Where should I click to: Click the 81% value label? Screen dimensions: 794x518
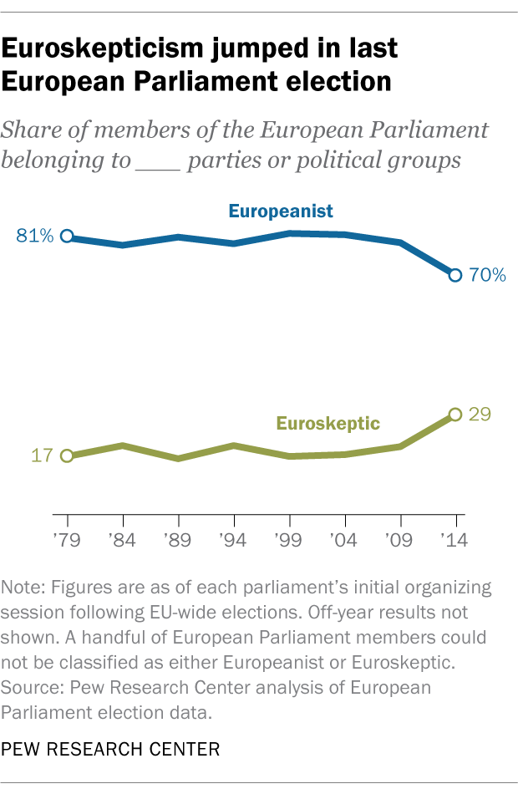34,237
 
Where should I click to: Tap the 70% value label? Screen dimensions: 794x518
486,275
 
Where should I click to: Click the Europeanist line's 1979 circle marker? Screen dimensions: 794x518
67,237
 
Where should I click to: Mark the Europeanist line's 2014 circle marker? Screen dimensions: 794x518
455,275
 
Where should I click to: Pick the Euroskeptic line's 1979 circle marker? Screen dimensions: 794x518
67,456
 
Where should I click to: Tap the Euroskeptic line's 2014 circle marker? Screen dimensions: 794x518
455,414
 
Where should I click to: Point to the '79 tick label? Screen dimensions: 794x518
67,541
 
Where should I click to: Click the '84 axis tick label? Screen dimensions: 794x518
123,541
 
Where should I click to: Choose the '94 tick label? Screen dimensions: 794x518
233,541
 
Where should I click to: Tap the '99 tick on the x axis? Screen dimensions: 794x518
289,541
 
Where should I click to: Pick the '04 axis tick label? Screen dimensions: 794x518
344,541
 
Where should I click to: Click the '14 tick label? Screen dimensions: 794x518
455,541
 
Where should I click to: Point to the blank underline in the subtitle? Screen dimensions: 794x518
156,160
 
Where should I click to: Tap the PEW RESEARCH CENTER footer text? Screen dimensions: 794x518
111,749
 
